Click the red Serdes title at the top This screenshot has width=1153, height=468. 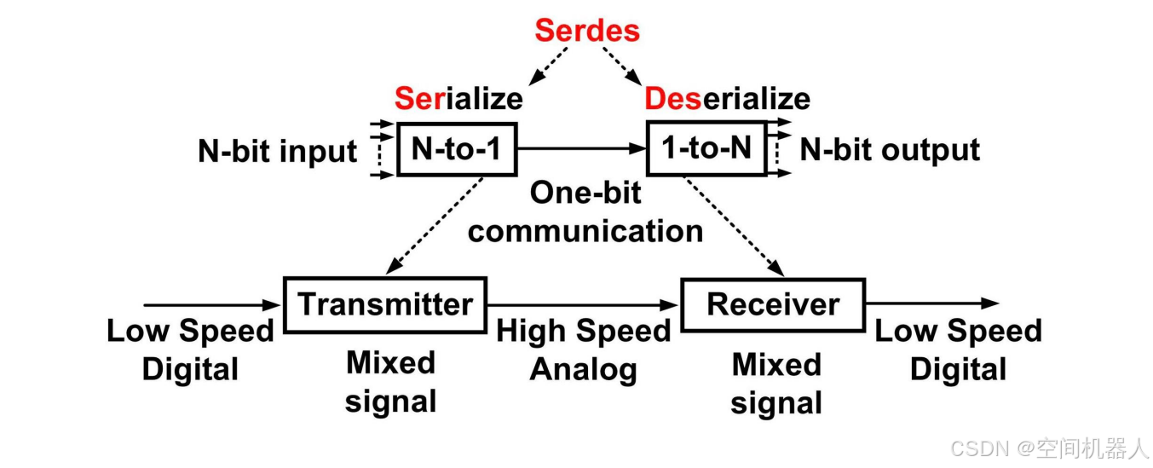586,30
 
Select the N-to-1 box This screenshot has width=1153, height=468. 458,150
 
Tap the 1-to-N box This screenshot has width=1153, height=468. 707,149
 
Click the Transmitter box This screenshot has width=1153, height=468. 384,304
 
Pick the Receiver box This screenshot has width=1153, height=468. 773,304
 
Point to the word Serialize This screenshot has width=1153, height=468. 458,99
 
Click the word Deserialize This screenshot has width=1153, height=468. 727,99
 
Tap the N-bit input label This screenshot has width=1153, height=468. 278,151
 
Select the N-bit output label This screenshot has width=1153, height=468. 890,150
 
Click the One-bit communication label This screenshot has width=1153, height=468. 585,211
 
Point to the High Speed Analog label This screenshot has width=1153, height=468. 584,350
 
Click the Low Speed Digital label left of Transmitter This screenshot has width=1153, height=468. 190,350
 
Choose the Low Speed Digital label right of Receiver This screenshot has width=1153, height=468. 958,350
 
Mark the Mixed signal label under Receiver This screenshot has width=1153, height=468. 776,383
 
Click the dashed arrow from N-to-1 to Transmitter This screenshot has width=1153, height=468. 435,226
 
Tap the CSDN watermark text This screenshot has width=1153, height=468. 1049,448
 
